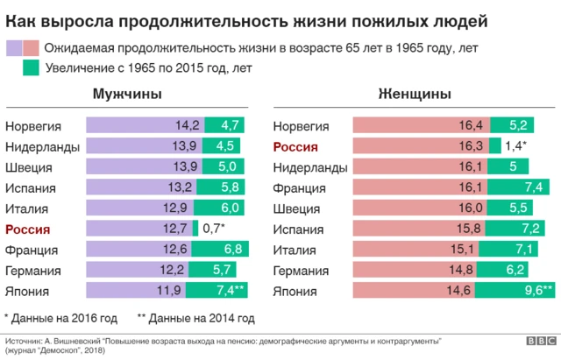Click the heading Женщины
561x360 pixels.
pyautogui.click(x=414, y=94)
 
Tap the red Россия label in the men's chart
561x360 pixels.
pyautogui.click(x=28, y=229)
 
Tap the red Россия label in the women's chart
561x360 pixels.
pyautogui.click(x=295, y=147)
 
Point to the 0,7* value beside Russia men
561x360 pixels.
pyautogui.click(x=214, y=229)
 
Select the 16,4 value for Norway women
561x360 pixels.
pyautogui.click(x=472, y=126)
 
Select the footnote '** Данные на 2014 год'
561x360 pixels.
pyautogui.click(x=195, y=318)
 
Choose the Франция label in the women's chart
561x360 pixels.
pyautogui.click(x=300, y=187)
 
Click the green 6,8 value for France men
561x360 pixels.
pyautogui.click(x=232, y=250)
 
